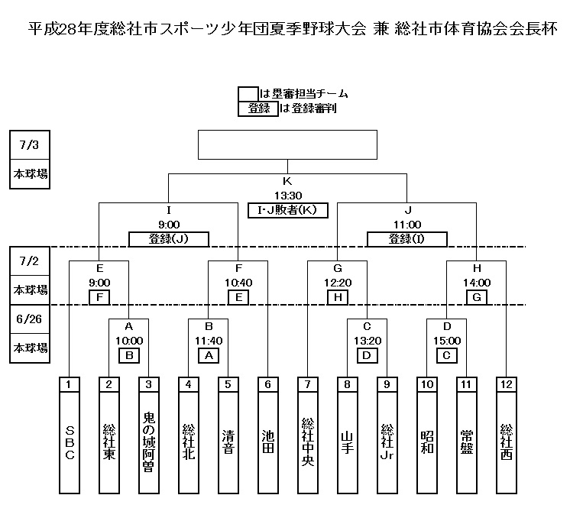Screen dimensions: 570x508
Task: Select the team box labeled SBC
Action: click(70, 442)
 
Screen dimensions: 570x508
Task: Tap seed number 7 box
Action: click(307, 384)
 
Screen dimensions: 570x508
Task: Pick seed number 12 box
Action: click(507, 384)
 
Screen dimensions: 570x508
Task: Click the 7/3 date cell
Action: click(30, 144)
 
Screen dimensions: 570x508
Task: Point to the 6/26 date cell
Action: click(30, 319)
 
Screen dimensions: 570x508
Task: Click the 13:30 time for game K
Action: click(288, 196)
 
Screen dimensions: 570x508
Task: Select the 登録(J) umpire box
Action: click(169, 239)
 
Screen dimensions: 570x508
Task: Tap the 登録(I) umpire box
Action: click(406, 239)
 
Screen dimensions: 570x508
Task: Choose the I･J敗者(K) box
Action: click(288, 210)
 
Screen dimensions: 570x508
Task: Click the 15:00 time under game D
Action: click(447, 341)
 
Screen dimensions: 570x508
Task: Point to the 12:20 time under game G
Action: click(338, 283)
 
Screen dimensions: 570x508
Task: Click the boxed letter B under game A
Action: click(129, 355)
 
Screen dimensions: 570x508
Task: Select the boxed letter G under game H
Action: click(477, 297)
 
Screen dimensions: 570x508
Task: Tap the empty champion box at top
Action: click(287, 144)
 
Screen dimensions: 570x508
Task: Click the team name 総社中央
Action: click(308, 442)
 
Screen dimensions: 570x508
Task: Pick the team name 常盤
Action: click(467, 442)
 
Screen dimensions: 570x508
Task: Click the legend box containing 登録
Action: click(258, 108)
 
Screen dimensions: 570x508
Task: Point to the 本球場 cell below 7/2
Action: click(30, 290)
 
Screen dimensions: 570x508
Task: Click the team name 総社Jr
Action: click(387, 442)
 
